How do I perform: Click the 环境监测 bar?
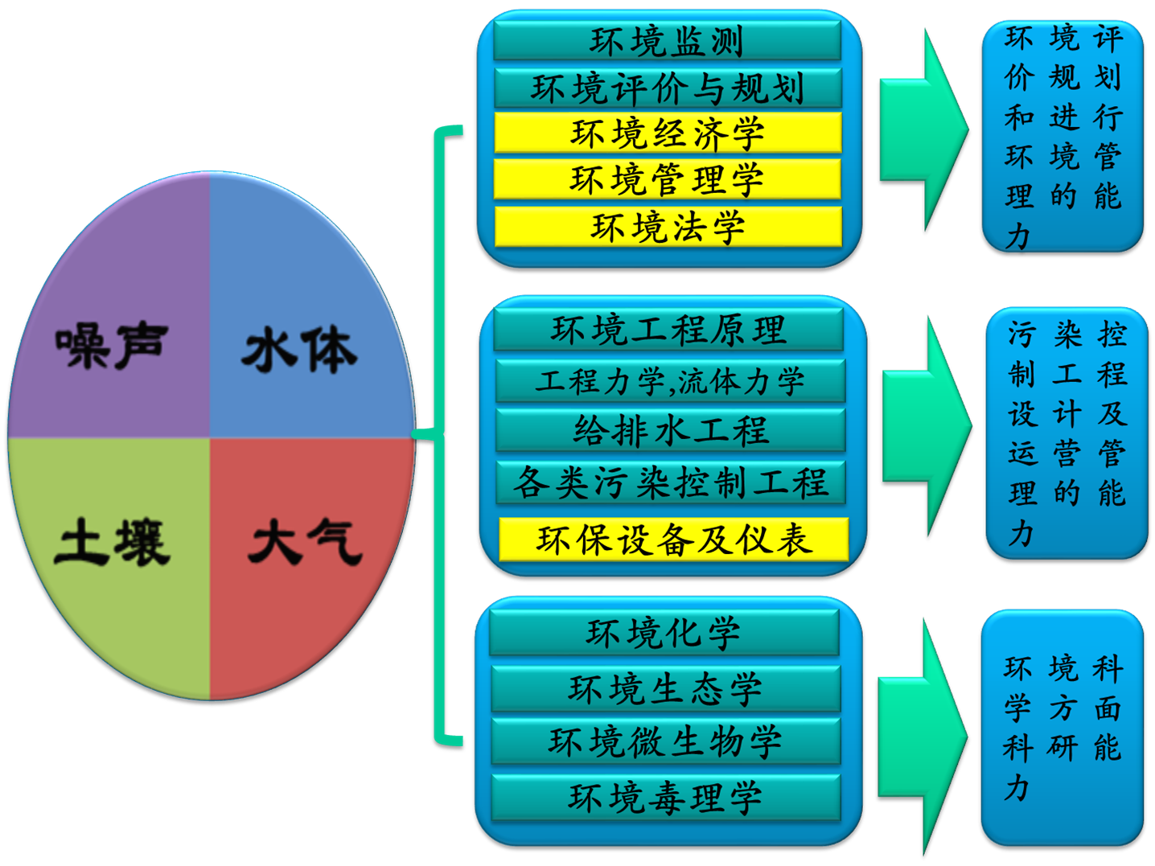668,41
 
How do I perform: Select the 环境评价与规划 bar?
668,88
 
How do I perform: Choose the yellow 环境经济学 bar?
668,133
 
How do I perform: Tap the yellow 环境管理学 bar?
668,179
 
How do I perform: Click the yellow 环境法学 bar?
668,227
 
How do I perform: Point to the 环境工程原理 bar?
668,330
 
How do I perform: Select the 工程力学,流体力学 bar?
670,380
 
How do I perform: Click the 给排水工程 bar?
670,430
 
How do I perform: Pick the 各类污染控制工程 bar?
670,482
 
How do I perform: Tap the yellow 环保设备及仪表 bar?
673,540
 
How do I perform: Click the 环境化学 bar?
664,633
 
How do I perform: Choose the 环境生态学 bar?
665,689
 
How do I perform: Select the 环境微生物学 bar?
665,741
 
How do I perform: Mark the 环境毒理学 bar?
665,798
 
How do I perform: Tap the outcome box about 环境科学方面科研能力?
1062,728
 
